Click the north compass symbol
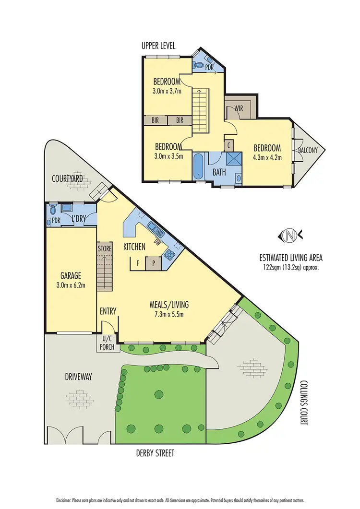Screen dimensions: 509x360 (289, 235)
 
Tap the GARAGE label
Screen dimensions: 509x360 (70, 276)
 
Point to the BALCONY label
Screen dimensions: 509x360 (308, 150)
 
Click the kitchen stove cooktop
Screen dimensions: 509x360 (169, 254)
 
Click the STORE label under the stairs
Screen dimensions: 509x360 (105, 249)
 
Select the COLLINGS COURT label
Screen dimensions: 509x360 (304, 403)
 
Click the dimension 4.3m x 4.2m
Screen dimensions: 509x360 (267, 157)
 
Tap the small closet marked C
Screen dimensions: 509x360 (229, 144)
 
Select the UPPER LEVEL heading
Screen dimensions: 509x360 (158, 46)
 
